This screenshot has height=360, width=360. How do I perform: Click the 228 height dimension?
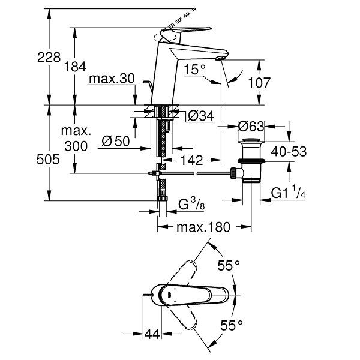(49, 57)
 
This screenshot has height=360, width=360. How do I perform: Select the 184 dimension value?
(75, 67)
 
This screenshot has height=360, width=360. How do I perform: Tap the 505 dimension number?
(48, 160)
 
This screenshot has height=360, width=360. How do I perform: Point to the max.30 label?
(112, 79)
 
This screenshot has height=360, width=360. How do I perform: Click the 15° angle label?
(194, 70)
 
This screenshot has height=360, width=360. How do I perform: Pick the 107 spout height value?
(259, 83)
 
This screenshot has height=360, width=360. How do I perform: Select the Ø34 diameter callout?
(201, 116)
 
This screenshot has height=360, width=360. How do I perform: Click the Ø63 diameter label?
(251, 126)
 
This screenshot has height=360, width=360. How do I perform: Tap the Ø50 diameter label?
(116, 141)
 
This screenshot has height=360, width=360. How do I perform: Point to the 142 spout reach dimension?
(192, 160)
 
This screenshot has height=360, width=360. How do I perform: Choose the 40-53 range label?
(289, 152)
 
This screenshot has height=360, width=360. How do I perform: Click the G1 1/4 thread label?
(288, 192)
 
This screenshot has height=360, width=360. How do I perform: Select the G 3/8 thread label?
(191, 203)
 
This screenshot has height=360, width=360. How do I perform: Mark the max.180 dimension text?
(203, 227)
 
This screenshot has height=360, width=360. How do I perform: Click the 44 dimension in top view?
(152, 334)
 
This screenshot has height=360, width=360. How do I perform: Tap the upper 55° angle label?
(229, 265)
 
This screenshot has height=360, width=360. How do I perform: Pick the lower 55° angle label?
(232, 325)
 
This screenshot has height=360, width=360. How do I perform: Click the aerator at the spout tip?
(220, 59)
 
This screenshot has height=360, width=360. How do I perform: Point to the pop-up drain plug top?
(251, 140)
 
